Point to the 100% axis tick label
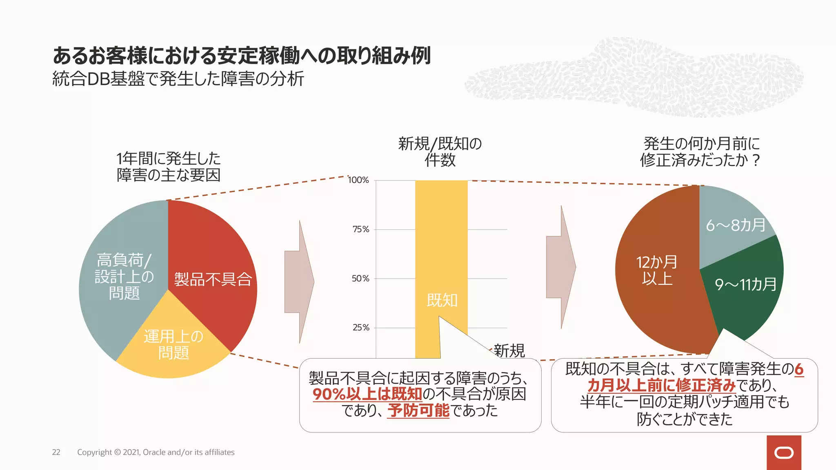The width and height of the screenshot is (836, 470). coord(358,180)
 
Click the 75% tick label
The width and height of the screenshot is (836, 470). coord(361,229)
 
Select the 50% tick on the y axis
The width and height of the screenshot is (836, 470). coord(361,279)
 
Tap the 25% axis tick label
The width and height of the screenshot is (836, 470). coord(361,328)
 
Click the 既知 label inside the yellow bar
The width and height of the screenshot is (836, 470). coord(442,301)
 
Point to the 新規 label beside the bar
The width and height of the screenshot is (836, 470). coord(509,350)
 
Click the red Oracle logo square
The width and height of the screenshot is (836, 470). coord(784,452)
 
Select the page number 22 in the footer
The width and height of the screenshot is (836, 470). coord(56,452)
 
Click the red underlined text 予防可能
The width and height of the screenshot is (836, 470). coord(418,410)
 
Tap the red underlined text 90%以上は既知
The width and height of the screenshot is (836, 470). coord(367,394)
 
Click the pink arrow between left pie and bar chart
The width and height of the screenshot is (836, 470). coord(299,282)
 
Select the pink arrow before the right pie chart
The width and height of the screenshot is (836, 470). coord(561,267)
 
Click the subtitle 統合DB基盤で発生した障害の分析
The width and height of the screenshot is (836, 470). coord(178,79)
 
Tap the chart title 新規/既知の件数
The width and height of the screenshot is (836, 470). coord(440,152)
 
